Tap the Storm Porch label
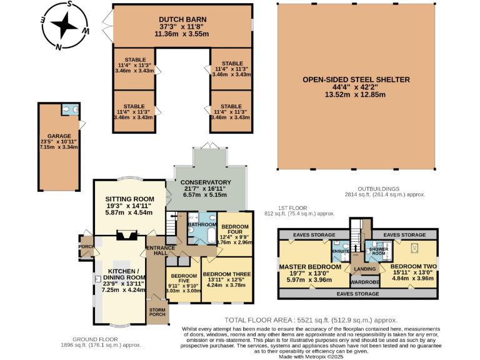pos(157,311)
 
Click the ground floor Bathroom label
pos(202,224)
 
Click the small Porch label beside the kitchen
pos(86,245)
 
